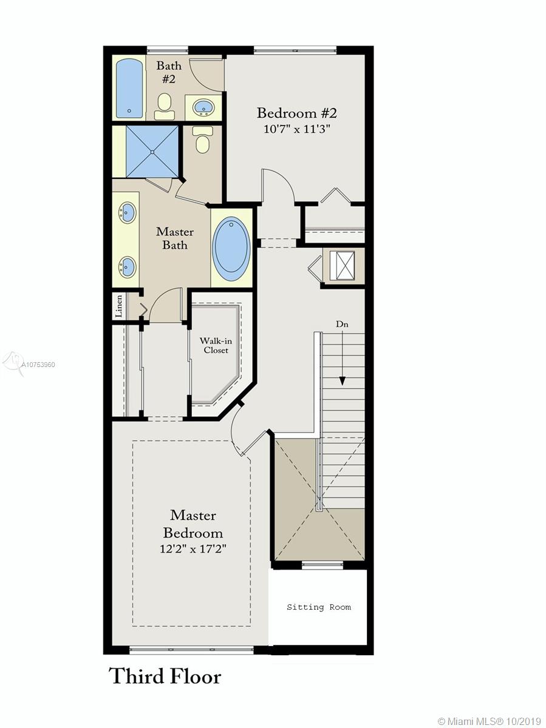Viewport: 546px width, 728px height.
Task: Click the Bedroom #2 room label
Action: (x=297, y=113)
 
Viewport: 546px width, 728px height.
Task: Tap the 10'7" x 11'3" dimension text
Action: (x=297, y=129)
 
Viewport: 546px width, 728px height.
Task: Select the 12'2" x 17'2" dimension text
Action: (x=193, y=549)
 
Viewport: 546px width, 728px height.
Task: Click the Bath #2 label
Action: (x=169, y=72)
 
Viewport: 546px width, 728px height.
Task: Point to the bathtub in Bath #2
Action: (x=129, y=87)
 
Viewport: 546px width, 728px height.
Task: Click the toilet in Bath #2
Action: (x=164, y=106)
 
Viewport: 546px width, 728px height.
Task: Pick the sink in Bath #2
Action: (x=203, y=107)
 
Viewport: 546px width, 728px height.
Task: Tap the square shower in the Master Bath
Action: (x=152, y=152)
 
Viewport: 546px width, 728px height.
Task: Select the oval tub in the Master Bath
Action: (x=231, y=248)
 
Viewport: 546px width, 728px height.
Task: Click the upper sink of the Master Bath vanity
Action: (x=127, y=212)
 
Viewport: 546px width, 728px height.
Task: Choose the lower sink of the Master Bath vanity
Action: (x=127, y=266)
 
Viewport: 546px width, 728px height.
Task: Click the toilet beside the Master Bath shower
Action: (x=202, y=140)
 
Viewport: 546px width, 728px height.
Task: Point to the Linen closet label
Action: (x=118, y=306)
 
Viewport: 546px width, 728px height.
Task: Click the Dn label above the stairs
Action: (x=342, y=324)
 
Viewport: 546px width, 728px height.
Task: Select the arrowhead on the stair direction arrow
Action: (x=342, y=381)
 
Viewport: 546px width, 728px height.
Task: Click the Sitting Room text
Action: (x=319, y=607)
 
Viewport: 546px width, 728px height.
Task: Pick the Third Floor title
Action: (x=165, y=676)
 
